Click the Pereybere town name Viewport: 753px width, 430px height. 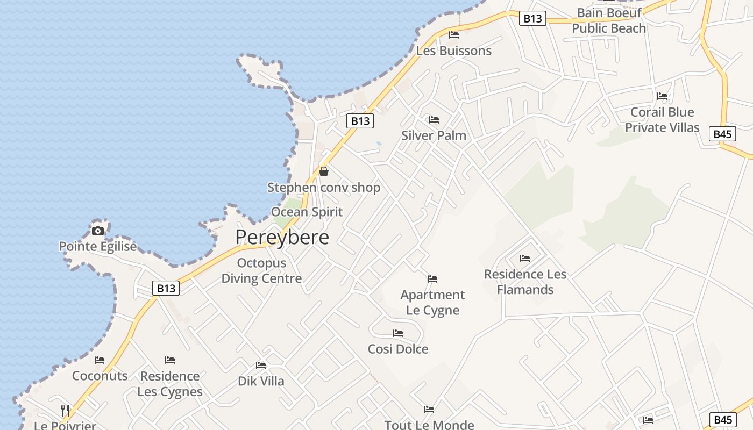coord(282,237)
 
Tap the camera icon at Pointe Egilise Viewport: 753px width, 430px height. coord(98,231)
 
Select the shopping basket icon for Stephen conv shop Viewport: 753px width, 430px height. coord(324,171)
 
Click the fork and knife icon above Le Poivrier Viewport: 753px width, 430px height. coord(65,410)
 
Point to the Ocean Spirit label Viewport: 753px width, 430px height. coord(307,212)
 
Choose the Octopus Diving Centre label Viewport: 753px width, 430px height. coord(261,271)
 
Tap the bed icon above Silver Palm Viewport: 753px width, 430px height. coord(434,119)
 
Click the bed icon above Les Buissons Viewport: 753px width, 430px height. coord(454,35)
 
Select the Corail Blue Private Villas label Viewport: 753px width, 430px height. coord(662,120)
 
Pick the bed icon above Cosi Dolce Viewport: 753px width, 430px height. coord(398,333)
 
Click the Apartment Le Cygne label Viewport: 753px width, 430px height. coord(432,303)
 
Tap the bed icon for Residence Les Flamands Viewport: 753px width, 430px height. coord(525,259)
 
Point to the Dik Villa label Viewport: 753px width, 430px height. coord(261,381)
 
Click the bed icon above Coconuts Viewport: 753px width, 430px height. coord(100,360)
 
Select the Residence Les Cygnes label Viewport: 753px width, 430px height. coord(170,384)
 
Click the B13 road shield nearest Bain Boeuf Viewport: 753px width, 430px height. coord(532,19)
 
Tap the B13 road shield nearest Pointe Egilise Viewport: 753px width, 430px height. coord(166,288)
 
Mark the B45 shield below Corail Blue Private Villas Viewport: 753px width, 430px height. coord(722,134)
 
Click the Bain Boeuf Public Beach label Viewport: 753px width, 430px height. coord(609,20)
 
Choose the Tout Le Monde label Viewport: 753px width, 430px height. coord(429,425)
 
